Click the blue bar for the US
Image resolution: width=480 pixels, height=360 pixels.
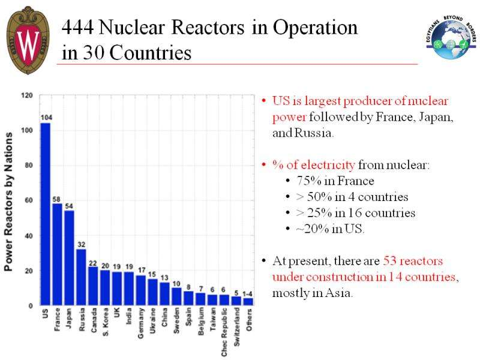(x=46, y=214)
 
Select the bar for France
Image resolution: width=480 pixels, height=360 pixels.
(x=58, y=254)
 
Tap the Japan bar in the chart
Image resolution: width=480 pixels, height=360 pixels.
(x=70, y=258)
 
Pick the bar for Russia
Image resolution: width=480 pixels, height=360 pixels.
(x=81, y=277)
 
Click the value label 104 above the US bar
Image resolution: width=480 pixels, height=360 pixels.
(x=46, y=117)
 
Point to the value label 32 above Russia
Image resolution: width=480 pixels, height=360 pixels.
(x=81, y=244)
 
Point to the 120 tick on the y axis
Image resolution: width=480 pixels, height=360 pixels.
(x=27, y=95)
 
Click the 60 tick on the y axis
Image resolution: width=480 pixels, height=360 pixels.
(x=29, y=200)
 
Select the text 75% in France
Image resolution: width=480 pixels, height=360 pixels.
(x=330, y=181)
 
